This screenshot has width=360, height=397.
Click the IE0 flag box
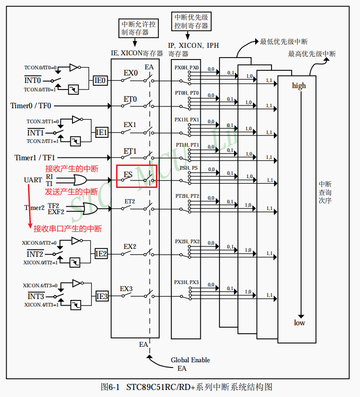coord(100,81)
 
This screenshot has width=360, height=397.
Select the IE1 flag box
coord(102,133)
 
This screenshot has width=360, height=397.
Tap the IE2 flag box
coord(101,254)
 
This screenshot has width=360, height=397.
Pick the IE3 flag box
coord(102,296)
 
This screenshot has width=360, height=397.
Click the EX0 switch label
coord(131,73)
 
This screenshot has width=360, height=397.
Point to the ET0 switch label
coord(130,99)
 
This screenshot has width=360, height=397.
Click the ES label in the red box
coord(128,175)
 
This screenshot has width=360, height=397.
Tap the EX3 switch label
coord(126,289)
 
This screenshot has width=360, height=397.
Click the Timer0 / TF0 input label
coord(31,106)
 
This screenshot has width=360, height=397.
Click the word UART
coord(33,180)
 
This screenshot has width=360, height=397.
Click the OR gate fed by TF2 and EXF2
coord(88,209)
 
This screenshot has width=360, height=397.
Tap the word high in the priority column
coord(299,85)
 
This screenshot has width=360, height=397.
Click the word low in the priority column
coord(299,322)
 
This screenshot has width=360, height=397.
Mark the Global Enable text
coord(190,360)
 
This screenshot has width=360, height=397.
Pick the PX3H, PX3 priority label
coord(187,282)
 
